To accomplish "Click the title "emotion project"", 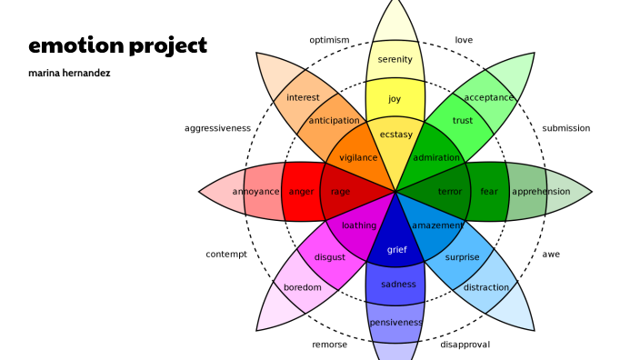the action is pyautogui.click(x=117, y=45).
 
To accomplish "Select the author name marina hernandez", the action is pyautogui.click(x=69, y=73).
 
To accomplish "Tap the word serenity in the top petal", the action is pyautogui.click(x=395, y=60).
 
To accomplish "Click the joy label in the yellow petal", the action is pyautogui.click(x=395, y=99).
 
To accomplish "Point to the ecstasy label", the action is pyautogui.click(x=395, y=135).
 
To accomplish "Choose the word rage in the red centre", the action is pyautogui.click(x=341, y=192).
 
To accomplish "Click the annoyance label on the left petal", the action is pyautogui.click(x=255, y=192).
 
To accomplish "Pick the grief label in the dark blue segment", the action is pyautogui.click(x=397, y=249).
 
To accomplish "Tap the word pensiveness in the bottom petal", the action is pyautogui.click(x=395, y=323).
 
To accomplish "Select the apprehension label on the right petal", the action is pyautogui.click(x=541, y=192).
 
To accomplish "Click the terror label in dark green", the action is pyautogui.click(x=450, y=192).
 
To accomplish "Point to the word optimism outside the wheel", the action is pyautogui.click(x=329, y=40).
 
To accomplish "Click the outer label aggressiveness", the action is pyautogui.click(x=217, y=128).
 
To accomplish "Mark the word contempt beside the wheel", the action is pyautogui.click(x=226, y=255).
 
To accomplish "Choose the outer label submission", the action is pyautogui.click(x=566, y=128).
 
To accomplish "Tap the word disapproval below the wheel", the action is pyautogui.click(x=465, y=345).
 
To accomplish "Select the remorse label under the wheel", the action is pyautogui.click(x=329, y=345).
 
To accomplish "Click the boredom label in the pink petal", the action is pyautogui.click(x=303, y=288).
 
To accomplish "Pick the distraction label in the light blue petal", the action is pyautogui.click(x=486, y=288).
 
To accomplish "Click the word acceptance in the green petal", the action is pyautogui.click(x=489, y=97).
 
